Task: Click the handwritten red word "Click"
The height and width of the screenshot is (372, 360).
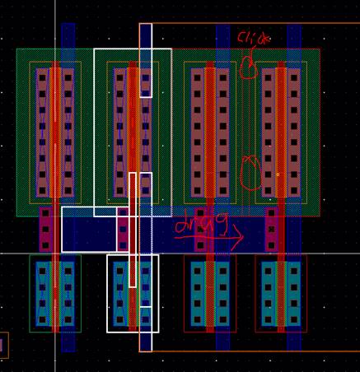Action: (254, 38)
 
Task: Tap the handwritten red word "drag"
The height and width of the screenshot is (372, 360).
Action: (201, 223)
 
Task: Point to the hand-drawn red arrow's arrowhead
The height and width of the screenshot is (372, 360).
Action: (238, 238)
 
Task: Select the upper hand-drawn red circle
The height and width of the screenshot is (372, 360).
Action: (249, 68)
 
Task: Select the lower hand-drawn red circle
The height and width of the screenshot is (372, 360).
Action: (250, 174)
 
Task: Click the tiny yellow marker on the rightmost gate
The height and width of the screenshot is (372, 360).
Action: (278, 174)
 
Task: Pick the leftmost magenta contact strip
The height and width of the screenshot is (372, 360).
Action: (45, 230)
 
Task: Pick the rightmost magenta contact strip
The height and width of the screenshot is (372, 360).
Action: (271, 230)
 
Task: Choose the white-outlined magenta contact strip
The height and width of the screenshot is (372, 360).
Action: (123, 230)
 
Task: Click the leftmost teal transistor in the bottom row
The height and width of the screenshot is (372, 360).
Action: (55, 294)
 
